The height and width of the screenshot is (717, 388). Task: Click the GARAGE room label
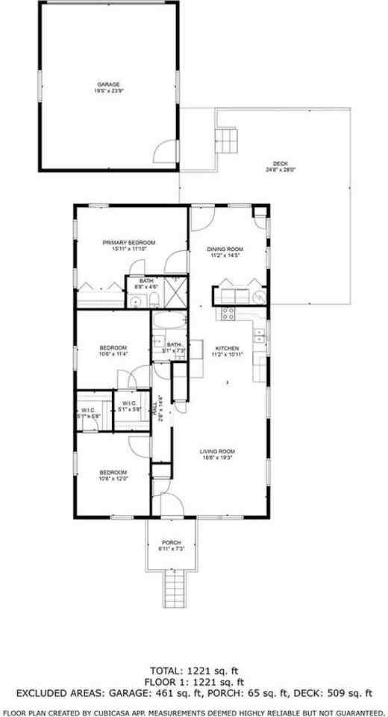108,84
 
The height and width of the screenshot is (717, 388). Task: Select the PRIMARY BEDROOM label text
129,243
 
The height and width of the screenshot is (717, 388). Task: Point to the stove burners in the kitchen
227,313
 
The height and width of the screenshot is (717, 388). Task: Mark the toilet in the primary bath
153,300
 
